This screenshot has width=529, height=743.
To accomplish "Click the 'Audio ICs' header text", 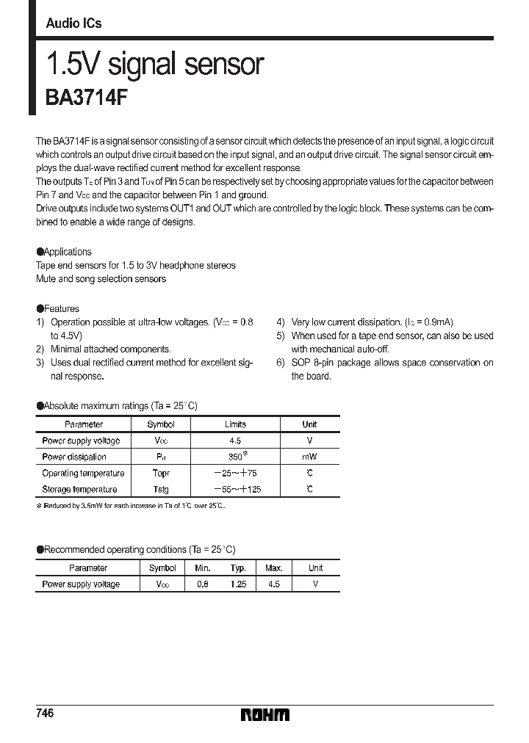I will (x=73, y=23).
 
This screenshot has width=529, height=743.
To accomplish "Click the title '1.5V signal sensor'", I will (x=154, y=65).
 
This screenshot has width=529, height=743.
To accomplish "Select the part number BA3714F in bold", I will (x=87, y=98).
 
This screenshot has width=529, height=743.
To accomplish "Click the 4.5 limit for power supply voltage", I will (x=235, y=441).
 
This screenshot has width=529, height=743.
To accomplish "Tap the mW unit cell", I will (x=309, y=457).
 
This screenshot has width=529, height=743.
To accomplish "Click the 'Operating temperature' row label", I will (x=83, y=474).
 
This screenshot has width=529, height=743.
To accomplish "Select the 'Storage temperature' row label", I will (x=79, y=490).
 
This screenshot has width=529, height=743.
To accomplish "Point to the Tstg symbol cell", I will (x=160, y=490).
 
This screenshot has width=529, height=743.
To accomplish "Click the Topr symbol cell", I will (x=160, y=474).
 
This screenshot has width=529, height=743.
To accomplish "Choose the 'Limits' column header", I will (x=235, y=424).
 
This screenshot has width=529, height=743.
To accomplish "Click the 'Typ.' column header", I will (x=237, y=568).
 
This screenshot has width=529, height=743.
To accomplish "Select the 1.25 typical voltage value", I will (x=237, y=584).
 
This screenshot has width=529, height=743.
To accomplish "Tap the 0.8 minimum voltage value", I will (x=203, y=584).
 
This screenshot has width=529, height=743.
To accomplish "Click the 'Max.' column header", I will (x=273, y=568).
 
